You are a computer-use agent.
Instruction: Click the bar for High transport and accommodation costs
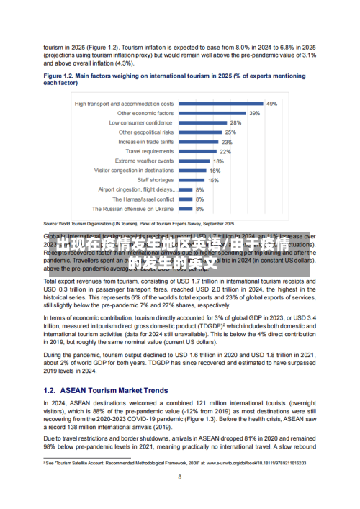[221, 104]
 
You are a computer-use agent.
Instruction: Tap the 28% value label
[235, 123]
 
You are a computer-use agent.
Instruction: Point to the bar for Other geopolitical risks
[200, 132]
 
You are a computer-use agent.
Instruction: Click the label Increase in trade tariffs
[145, 142]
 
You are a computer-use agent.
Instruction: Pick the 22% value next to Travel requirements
[225, 152]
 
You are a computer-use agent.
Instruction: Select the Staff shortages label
[156, 180]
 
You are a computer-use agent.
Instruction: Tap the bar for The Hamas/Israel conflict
[185, 199]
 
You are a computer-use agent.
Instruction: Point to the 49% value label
[272, 104]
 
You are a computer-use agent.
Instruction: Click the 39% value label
[255, 113]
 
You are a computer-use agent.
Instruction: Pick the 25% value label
[230, 132]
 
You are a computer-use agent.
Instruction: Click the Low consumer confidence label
[141, 123]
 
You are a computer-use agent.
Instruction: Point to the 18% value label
[218, 161]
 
